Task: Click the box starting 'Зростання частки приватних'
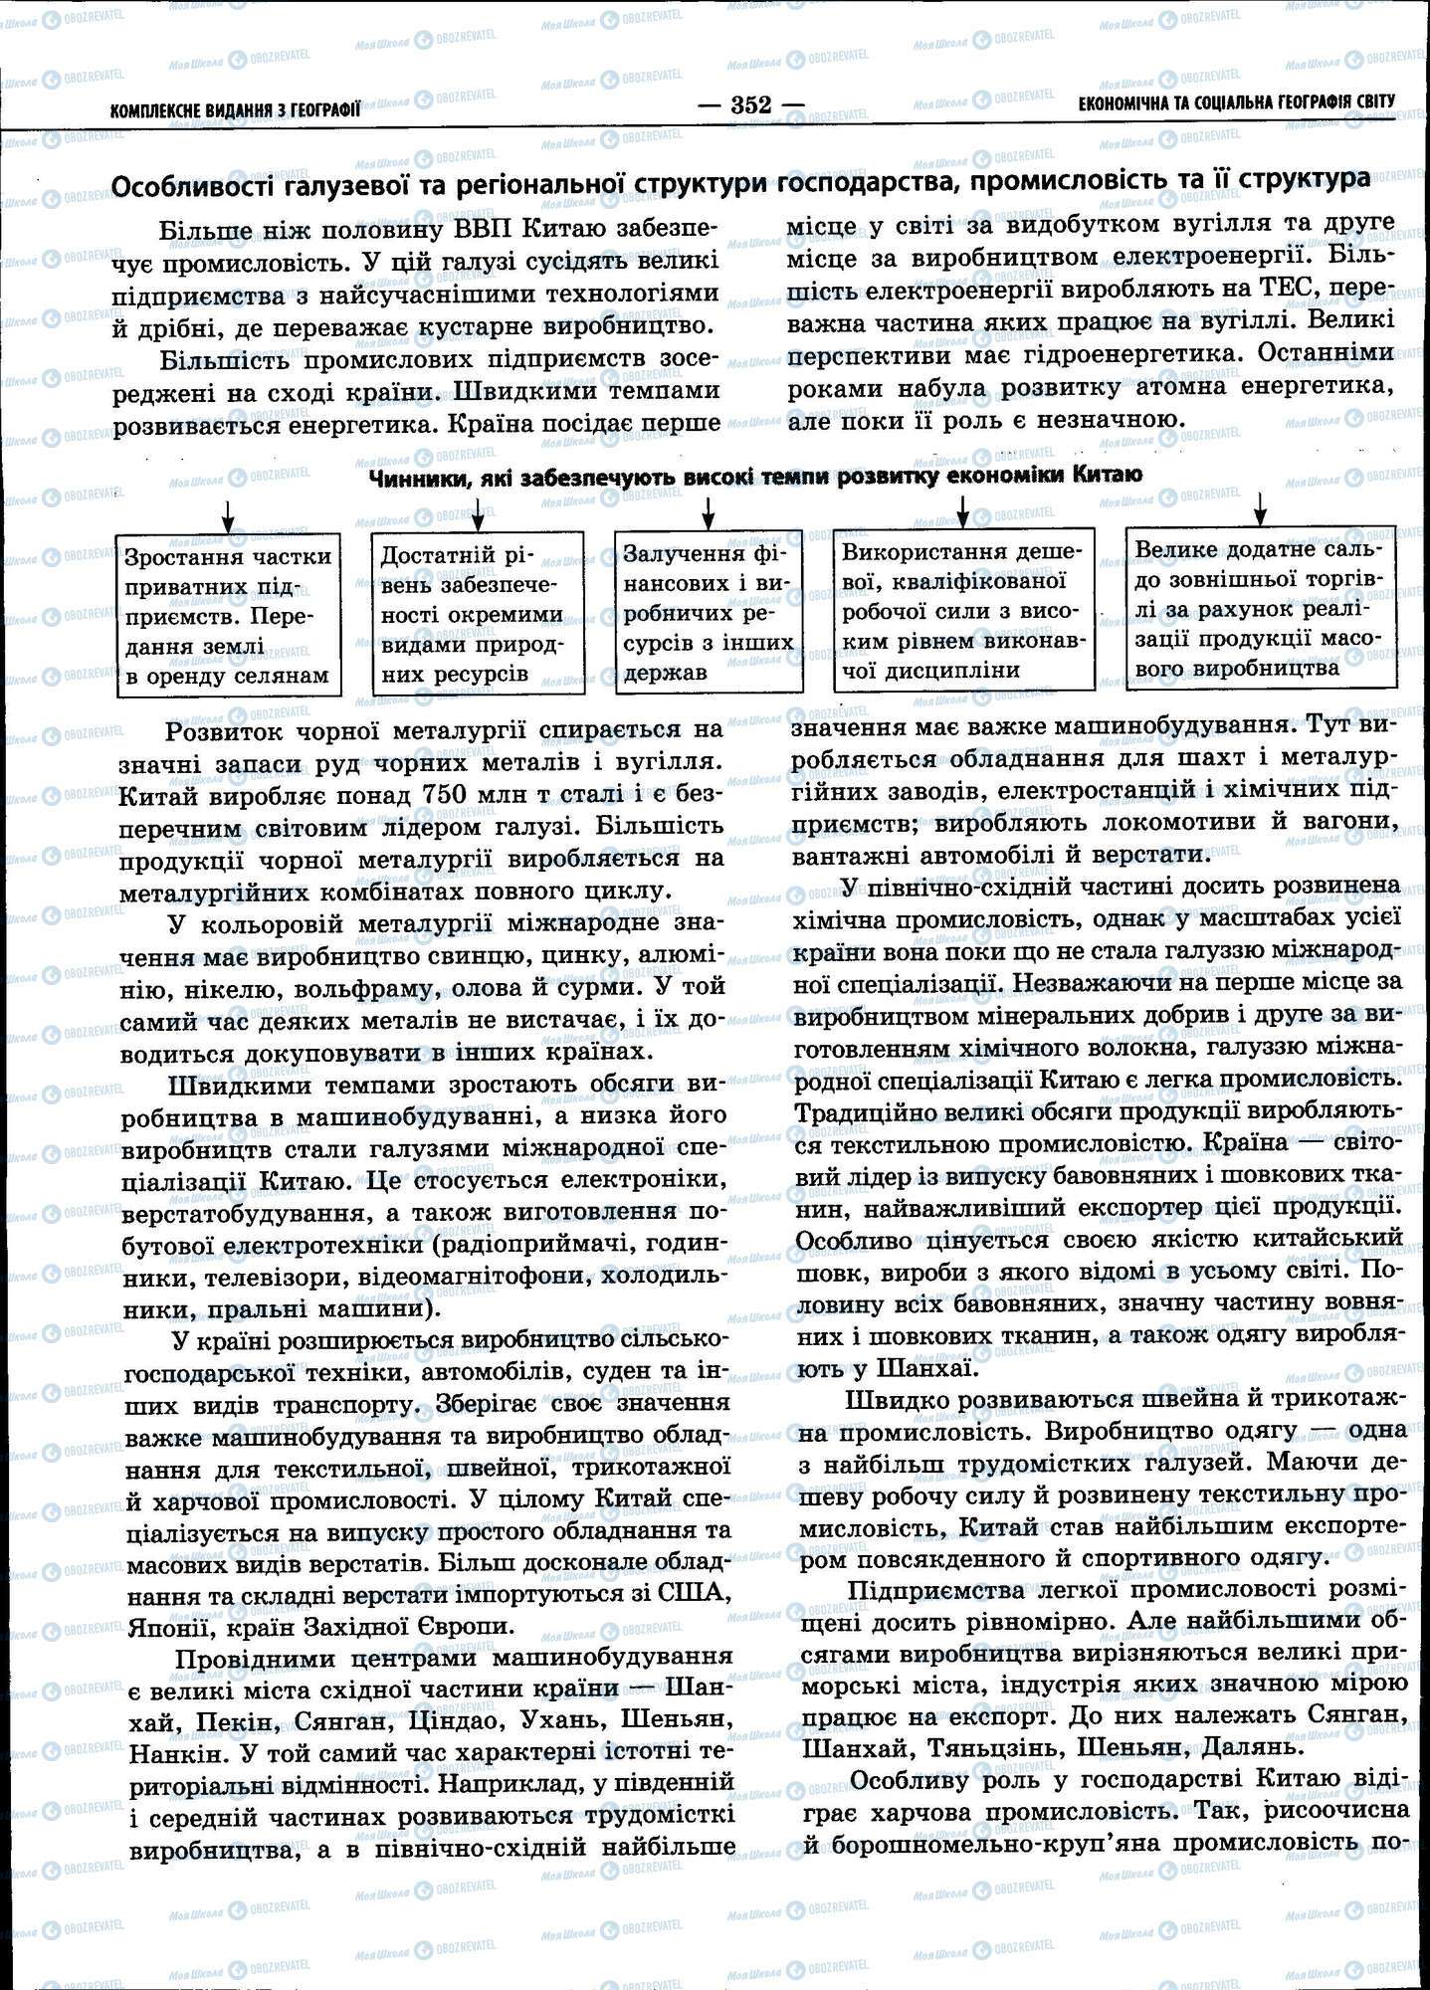(228, 616)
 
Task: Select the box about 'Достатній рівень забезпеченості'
(477, 614)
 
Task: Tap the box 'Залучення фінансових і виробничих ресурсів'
(708, 612)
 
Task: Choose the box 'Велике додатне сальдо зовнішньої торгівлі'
(1259, 607)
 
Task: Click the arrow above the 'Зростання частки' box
(228, 515)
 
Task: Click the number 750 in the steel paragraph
(454, 795)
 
